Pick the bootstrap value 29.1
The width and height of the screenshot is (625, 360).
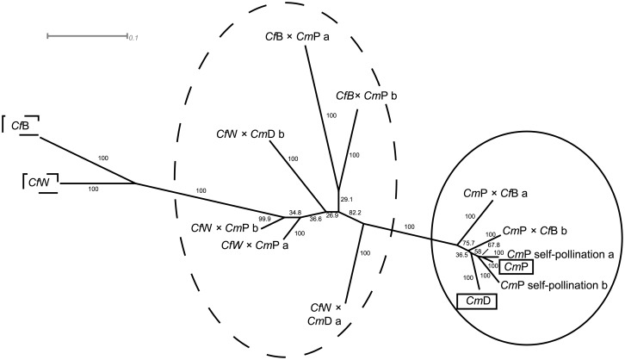coord(347,199)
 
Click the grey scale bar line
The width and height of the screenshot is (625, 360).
coord(86,36)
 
